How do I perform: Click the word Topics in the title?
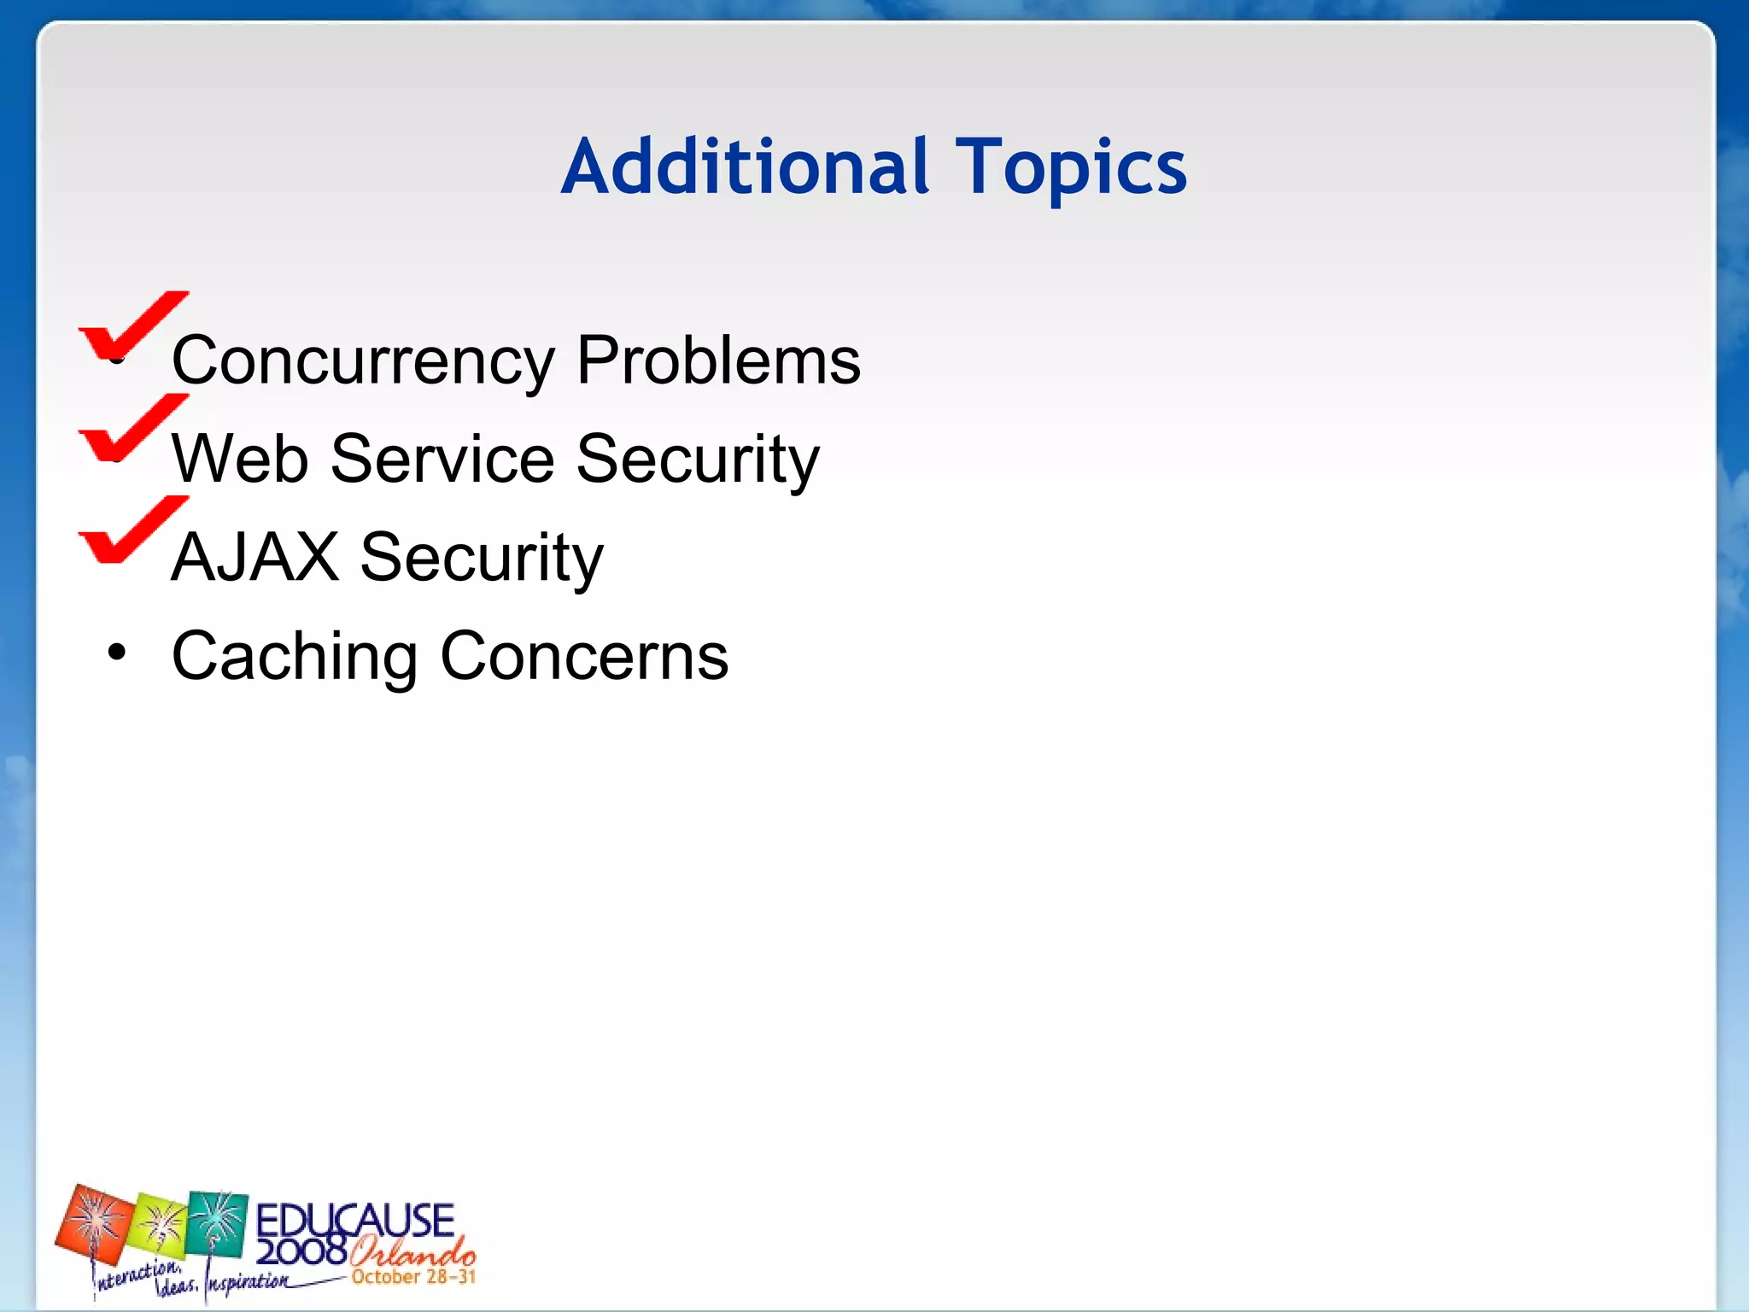click(x=1071, y=168)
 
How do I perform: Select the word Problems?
click(x=718, y=360)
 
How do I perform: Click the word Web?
click(x=240, y=460)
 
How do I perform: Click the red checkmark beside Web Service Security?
click(x=132, y=427)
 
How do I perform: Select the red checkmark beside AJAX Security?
click(x=132, y=530)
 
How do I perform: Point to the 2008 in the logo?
click(x=301, y=1252)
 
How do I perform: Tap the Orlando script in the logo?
click(x=412, y=1253)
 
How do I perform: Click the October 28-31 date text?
click(x=413, y=1278)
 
